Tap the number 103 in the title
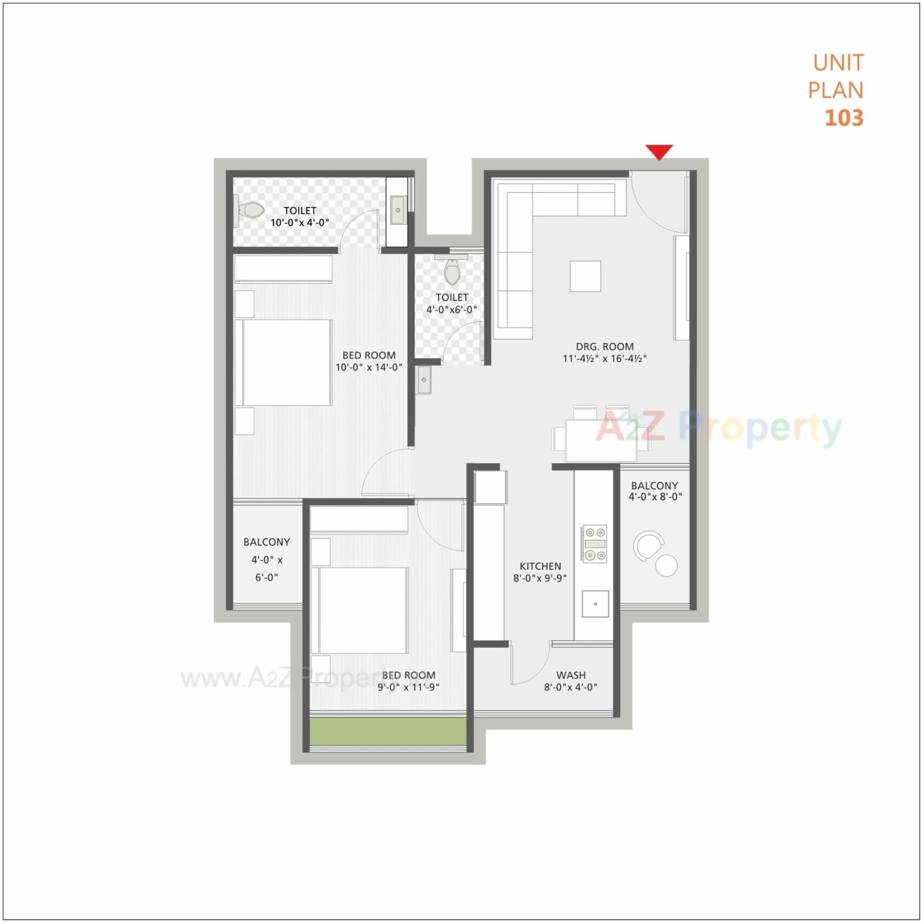(x=844, y=118)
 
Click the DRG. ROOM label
(x=605, y=347)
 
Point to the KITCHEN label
(x=540, y=566)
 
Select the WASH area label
(x=571, y=675)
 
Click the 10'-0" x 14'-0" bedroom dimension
(x=369, y=367)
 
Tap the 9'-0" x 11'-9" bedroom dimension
(x=408, y=687)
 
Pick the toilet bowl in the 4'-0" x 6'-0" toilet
(x=452, y=272)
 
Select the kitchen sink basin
(x=595, y=604)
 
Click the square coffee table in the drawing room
(x=585, y=276)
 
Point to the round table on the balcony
(x=666, y=565)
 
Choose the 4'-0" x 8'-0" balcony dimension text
(x=655, y=497)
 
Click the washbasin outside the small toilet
(x=424, y=380)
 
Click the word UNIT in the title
(x=838, y=63)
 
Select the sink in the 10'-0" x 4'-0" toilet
(x=398, y=211)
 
